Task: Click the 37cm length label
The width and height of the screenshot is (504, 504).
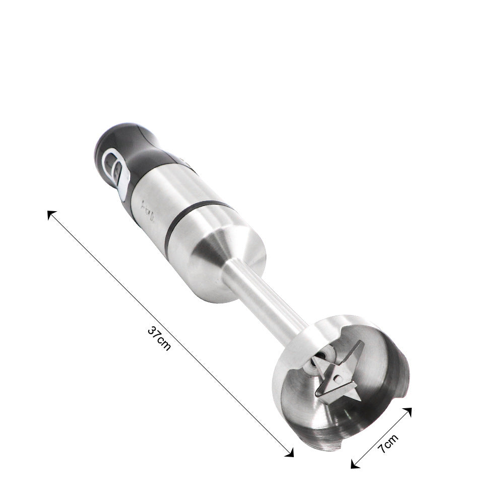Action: [159, 338]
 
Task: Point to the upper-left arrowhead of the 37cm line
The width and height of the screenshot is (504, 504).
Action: [51, 214]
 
